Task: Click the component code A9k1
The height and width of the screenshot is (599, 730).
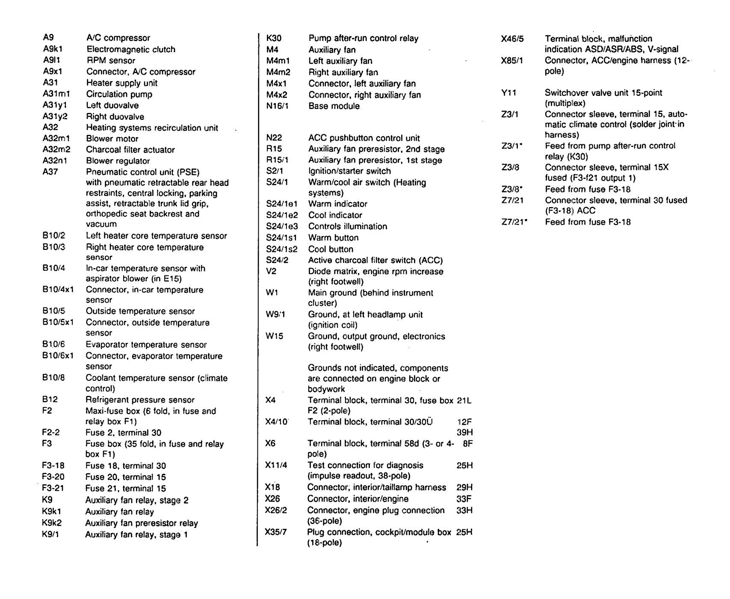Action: [52, 49]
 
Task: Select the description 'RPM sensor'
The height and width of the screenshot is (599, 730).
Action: [111, 61]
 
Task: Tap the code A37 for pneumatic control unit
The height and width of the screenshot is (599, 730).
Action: [50, 172]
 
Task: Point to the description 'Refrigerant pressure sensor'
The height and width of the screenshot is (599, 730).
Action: [140, 400]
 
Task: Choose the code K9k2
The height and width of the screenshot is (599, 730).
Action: [52, 523]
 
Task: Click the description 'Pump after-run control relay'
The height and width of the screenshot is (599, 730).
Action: [363, 39]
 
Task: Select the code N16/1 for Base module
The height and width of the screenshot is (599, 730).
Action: [277, 106]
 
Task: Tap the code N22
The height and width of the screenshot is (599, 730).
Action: [274, 138]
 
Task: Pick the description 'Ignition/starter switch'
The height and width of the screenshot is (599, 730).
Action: [349, 171]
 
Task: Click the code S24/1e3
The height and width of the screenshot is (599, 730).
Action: [282, 226]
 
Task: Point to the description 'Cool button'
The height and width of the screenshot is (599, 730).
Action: [331, 249]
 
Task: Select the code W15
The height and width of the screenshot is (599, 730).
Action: [274, 336]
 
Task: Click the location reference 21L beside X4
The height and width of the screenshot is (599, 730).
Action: [464, 401]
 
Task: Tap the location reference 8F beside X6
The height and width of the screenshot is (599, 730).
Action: [468, 444]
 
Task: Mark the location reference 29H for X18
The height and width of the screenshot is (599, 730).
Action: [464, 487]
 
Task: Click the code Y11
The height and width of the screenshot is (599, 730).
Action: [508, 93]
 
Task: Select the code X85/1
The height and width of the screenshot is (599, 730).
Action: [512, 61]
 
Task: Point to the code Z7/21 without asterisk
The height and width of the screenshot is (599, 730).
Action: [512, 200]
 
